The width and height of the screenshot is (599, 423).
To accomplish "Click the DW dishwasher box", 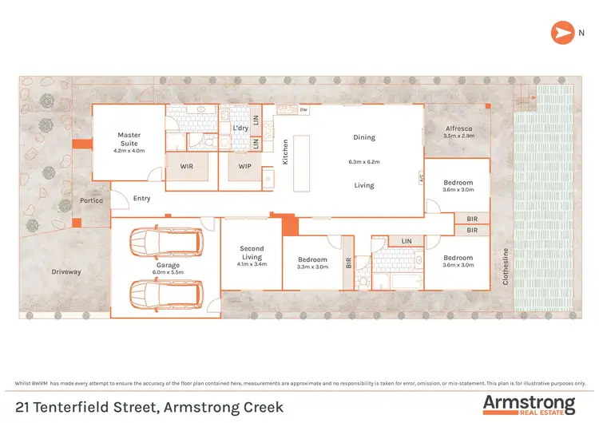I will pyautogui.click(x=303, y=110).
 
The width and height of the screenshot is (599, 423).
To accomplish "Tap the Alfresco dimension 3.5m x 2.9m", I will pyautogui.click(x=458, y=136).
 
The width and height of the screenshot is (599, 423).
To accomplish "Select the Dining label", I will pyautogui.click(x=363, y=137).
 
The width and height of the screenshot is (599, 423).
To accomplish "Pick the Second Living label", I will pyautogui.click(x=252, y=253).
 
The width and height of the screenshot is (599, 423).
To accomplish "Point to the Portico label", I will pyautogui.click(x=91, y=200).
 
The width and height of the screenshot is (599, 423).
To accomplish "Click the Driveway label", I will pyautogui.click(x=66, y=272).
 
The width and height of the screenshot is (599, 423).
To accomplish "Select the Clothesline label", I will pyautogui.click(x=505, y=267).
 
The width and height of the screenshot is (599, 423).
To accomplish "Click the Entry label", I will pyautogui.click(x=142, y=198).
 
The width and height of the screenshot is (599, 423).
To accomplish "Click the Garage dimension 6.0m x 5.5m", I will pyautogui.click(x=167, y=272).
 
